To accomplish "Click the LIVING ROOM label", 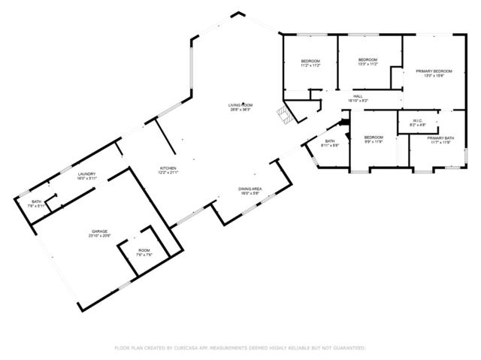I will pos(240,104).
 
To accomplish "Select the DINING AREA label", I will pos(250,189).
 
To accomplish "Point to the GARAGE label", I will pos(99,231).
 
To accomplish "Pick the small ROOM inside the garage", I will pos(144,250).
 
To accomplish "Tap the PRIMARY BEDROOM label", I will pos(434,71).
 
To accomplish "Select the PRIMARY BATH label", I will pos(440,138).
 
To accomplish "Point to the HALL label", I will pos(358,96).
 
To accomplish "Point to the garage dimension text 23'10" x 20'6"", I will pos(99,236).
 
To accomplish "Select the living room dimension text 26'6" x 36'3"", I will pos(240,109).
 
